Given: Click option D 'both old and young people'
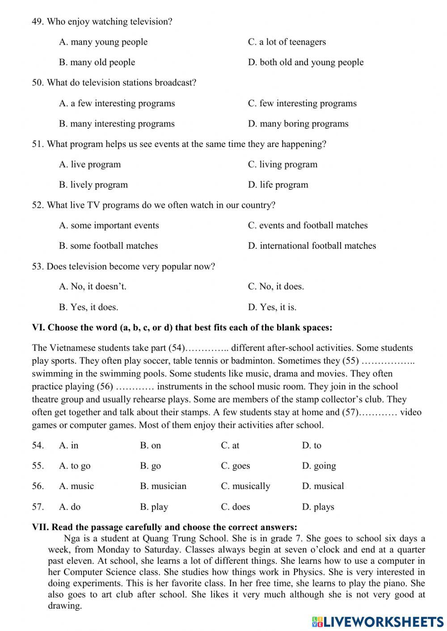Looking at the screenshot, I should pos(306,63).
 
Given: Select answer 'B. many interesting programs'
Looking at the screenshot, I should pos(117,124).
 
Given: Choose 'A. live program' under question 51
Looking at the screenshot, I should pos(90,164).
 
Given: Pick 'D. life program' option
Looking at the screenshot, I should pos(278,185).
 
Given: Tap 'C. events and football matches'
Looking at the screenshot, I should pos(308,226).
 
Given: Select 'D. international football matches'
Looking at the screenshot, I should pos(312,246).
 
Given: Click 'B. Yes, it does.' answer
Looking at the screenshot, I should pos(89,307).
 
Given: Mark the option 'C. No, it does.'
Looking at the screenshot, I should pos(276,287).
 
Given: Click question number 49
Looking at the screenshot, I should pos(38,21).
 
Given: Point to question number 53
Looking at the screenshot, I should pos(38,267).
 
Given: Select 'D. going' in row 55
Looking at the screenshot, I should pos(319,466).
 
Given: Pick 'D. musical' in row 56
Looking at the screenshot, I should pos(323,486).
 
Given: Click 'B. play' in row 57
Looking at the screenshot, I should pos(154,507).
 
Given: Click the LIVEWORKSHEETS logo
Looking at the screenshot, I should pos(378,621).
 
